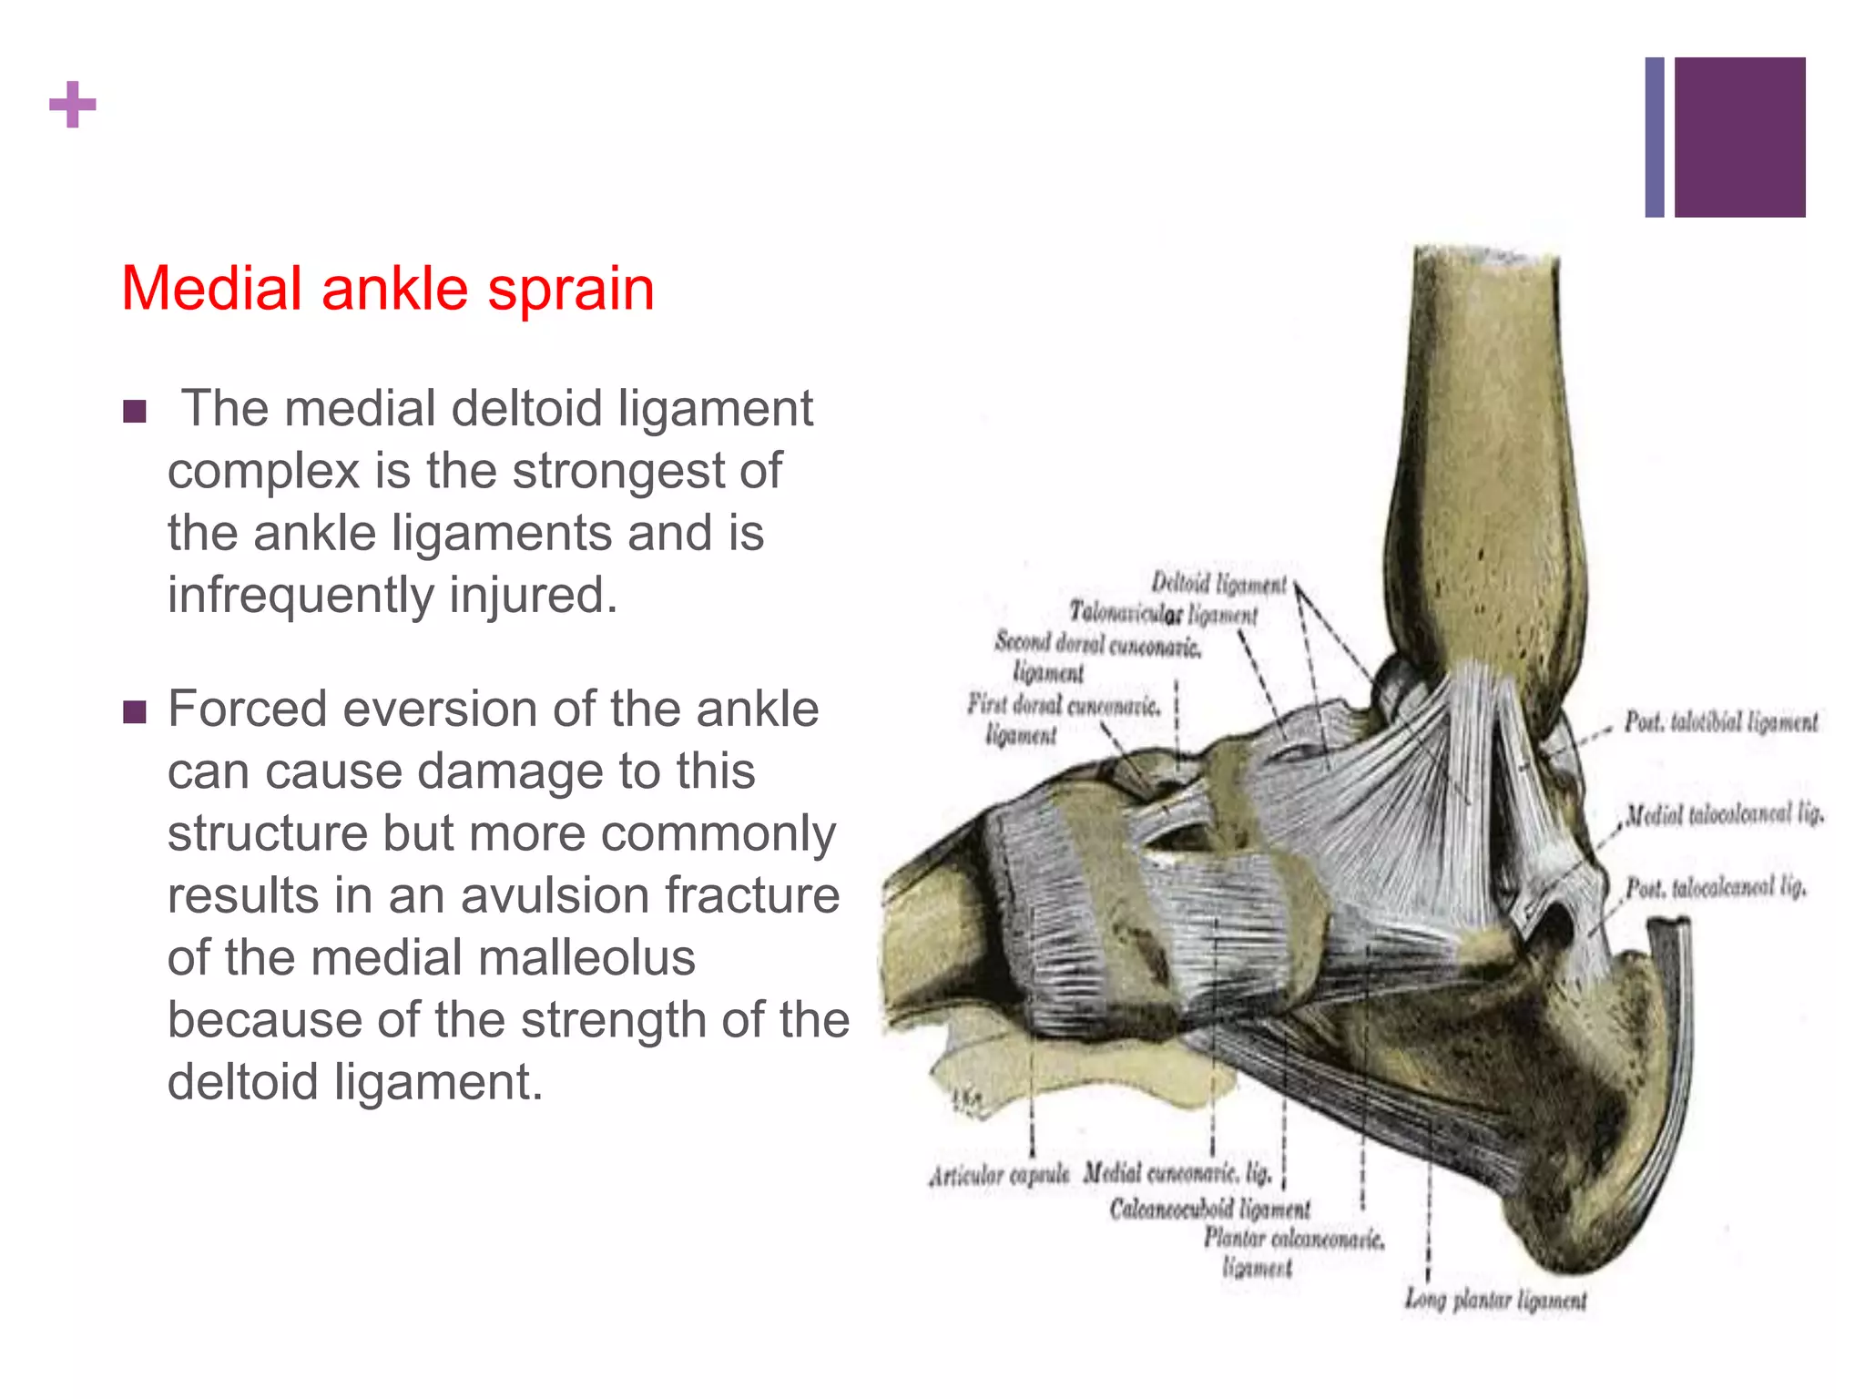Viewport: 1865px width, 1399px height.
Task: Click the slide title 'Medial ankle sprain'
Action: pos(387,290)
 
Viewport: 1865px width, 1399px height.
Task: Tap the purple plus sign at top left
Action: pos(73,105)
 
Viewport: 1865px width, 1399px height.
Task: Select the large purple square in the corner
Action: pos(1739,137)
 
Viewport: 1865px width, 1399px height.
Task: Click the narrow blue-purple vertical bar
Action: pos(1655,137)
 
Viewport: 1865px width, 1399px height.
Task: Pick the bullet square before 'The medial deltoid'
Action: pos(135,412)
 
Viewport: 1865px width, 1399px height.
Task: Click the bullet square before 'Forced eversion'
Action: pos(135,711)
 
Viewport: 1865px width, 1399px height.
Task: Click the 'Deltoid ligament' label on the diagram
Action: pos(1218,583)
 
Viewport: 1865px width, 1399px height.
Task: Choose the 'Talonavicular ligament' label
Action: pos(1163,614)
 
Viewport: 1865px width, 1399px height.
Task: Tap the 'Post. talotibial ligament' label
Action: pos(1721,722)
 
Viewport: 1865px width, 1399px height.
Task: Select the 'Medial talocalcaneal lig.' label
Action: pos(1725,813)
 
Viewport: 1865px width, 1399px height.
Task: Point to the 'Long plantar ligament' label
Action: pos(1495,1300)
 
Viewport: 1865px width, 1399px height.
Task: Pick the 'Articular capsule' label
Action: pos(999,1176)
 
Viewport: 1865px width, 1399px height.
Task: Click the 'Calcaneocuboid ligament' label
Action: pos(1209,1209)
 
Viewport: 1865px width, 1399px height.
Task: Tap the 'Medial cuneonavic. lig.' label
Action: pos(1177,1173)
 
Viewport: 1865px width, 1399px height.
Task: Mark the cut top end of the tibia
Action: pos(1486,258)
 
